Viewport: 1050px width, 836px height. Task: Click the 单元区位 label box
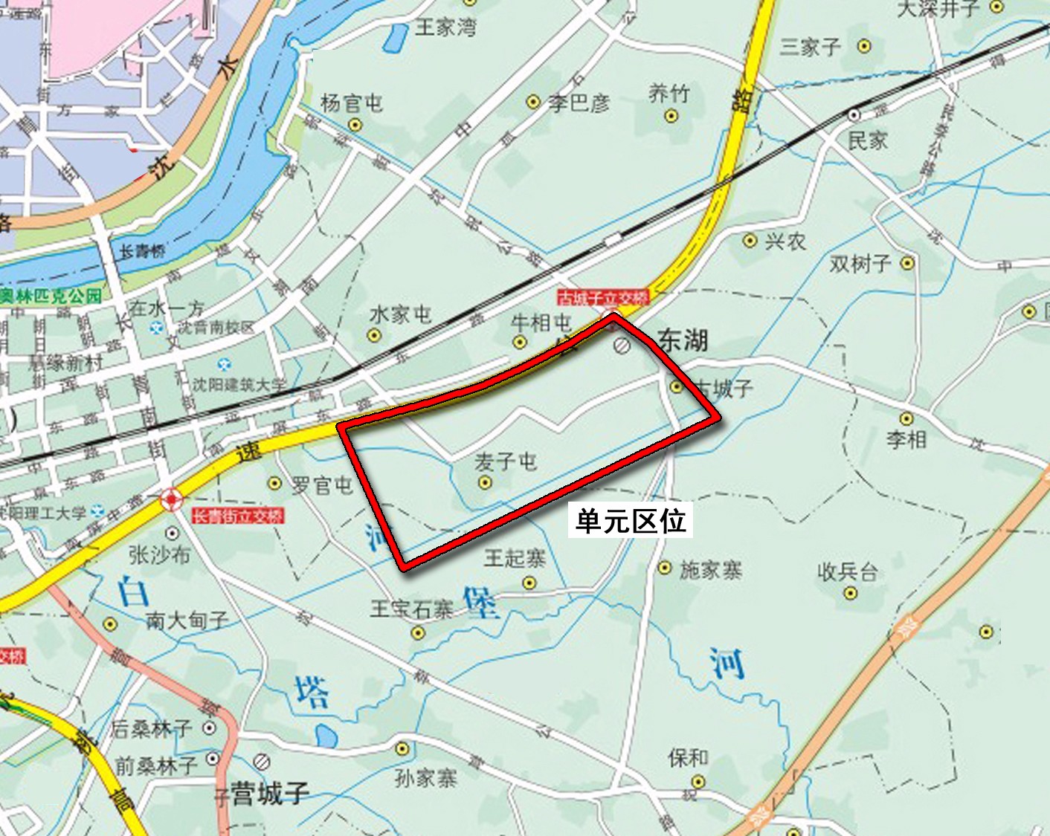[631, 520]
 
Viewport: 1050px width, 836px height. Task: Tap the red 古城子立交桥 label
[603, 298]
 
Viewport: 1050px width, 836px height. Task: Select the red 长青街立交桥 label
[238, 516]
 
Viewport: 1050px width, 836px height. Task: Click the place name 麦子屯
[505, 461]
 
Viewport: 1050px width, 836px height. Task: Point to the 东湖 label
[683, 341]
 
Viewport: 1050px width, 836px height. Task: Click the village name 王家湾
[445, 27]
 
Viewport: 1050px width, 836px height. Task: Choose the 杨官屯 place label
[352, 103]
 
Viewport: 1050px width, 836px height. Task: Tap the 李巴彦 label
[579, 103]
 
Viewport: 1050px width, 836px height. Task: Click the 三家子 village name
[810, 47]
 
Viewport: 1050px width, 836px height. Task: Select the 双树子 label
[860, 263]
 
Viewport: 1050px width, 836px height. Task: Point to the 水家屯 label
[400, 314]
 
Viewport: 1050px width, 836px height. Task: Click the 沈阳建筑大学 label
[239, 384]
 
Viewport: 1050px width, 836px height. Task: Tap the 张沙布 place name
[159, 554]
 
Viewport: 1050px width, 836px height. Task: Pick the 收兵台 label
[848, 571]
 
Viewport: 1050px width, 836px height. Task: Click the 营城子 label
[269, 794]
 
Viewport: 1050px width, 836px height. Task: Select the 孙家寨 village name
[425, 778]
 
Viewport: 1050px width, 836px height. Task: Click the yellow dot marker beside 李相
[906, 419]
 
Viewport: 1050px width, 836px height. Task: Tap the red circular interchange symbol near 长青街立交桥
[171, 499]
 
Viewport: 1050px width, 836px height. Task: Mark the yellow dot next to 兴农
[750, 241]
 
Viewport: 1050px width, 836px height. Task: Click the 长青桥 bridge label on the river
[142, 251]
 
